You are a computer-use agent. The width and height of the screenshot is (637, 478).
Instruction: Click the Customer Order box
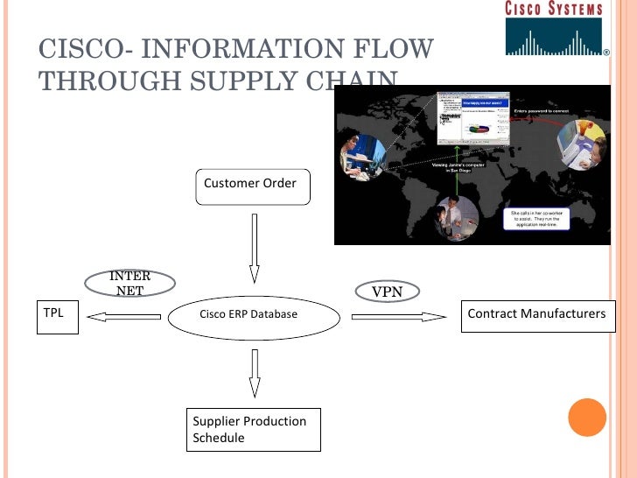click(252, 186)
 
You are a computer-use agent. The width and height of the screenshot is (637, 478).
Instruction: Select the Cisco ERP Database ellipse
click(253, 315)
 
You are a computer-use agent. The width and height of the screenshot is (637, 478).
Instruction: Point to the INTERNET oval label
click(130, 284)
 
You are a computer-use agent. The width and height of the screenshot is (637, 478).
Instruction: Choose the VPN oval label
click(387, 291)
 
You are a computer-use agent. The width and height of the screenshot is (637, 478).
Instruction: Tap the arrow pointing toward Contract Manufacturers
click(398, 317)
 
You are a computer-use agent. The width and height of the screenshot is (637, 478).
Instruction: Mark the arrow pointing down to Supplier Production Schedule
click(254, 373)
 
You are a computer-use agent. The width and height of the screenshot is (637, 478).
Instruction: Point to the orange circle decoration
click(587, 418)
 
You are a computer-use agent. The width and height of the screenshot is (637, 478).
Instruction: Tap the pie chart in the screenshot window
click(479, 128)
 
